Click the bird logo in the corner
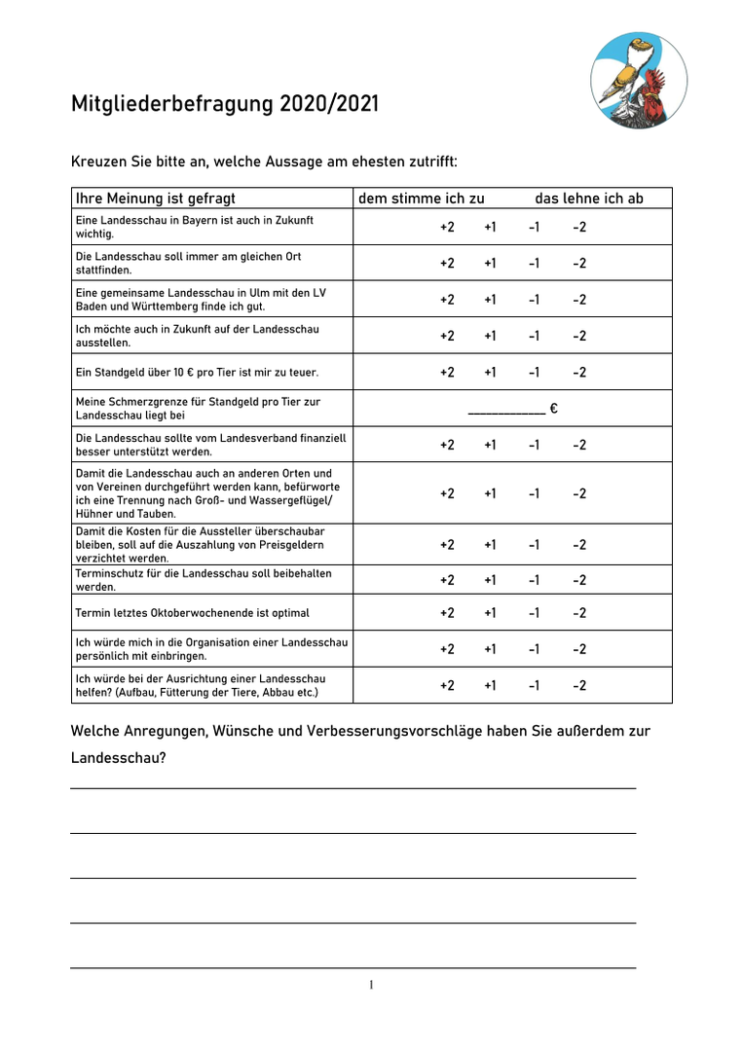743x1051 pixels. point(638,80)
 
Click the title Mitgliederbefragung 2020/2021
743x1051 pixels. point(225,103)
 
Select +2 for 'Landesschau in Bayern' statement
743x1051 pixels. point(447,228)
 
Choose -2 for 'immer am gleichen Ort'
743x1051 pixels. point(579,264)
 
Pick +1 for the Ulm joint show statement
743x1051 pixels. point(490,300)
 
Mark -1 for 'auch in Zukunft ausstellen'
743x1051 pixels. point(535,336)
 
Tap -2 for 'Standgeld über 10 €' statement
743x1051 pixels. point(579,372)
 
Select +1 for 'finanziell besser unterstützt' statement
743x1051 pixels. point(490,445)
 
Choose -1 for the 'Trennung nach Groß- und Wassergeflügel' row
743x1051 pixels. point(535,493)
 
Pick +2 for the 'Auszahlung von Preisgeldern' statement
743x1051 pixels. point(447,545)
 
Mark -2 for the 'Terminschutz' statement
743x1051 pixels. point(579,581)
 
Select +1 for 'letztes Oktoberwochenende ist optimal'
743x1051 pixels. point(490,613)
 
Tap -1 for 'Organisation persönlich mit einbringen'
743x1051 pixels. point(535,649)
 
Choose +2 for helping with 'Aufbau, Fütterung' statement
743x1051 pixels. point(447,685)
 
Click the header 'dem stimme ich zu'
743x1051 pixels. point(422,199)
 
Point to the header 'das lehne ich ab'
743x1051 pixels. point(589,199)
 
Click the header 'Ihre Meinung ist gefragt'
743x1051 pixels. point(156,199)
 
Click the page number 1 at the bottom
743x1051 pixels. point(371,986)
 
